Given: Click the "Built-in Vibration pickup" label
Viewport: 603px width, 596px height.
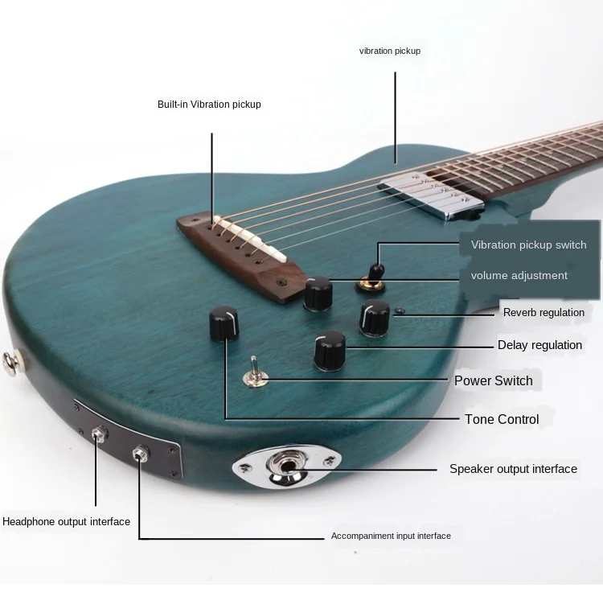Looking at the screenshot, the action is [x=209, y=105].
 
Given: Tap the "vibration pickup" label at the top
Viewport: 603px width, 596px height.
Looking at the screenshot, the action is [x=389, y=51].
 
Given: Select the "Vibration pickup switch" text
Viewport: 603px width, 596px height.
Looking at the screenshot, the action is [x=528, y=245].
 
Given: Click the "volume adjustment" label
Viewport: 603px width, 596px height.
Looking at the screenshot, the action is [x=519, y=275].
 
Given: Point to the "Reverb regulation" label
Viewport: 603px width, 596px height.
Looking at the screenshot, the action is [x=544, y=312].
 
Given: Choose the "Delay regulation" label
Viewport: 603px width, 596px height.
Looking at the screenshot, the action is [x=539, y=345].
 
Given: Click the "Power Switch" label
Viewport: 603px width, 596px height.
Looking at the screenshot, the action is [x=493, y=380].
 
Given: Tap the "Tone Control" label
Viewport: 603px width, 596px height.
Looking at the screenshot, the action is [x=502, y=419].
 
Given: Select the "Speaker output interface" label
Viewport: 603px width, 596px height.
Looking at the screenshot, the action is [x=513, y=469].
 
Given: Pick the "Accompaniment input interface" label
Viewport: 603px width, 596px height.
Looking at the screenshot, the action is [x=391, y=536].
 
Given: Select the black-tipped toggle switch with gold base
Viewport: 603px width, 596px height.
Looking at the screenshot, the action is [x=373, y=273].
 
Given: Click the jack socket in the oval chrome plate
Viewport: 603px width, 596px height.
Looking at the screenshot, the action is [x=288, y=466].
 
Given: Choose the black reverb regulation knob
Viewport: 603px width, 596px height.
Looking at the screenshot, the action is [x=375, y=317].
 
